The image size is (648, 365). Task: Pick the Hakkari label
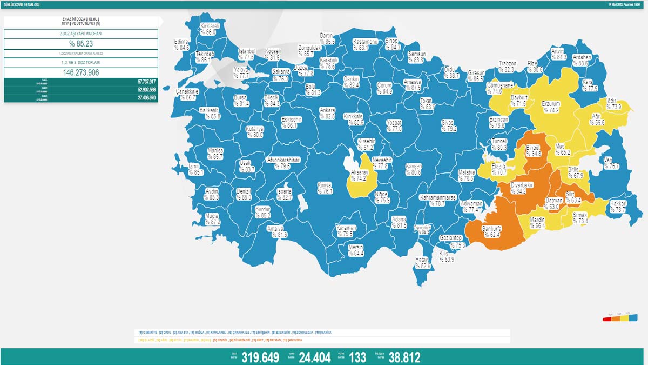tap(617, 207)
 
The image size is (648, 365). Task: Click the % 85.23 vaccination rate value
tap(80, 44)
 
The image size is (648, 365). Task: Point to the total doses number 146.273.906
tap(80, 72)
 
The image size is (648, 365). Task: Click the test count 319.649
tap(260, 357)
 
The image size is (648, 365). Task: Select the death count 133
tap(357, 357)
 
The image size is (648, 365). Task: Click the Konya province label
tap(325, 187)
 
